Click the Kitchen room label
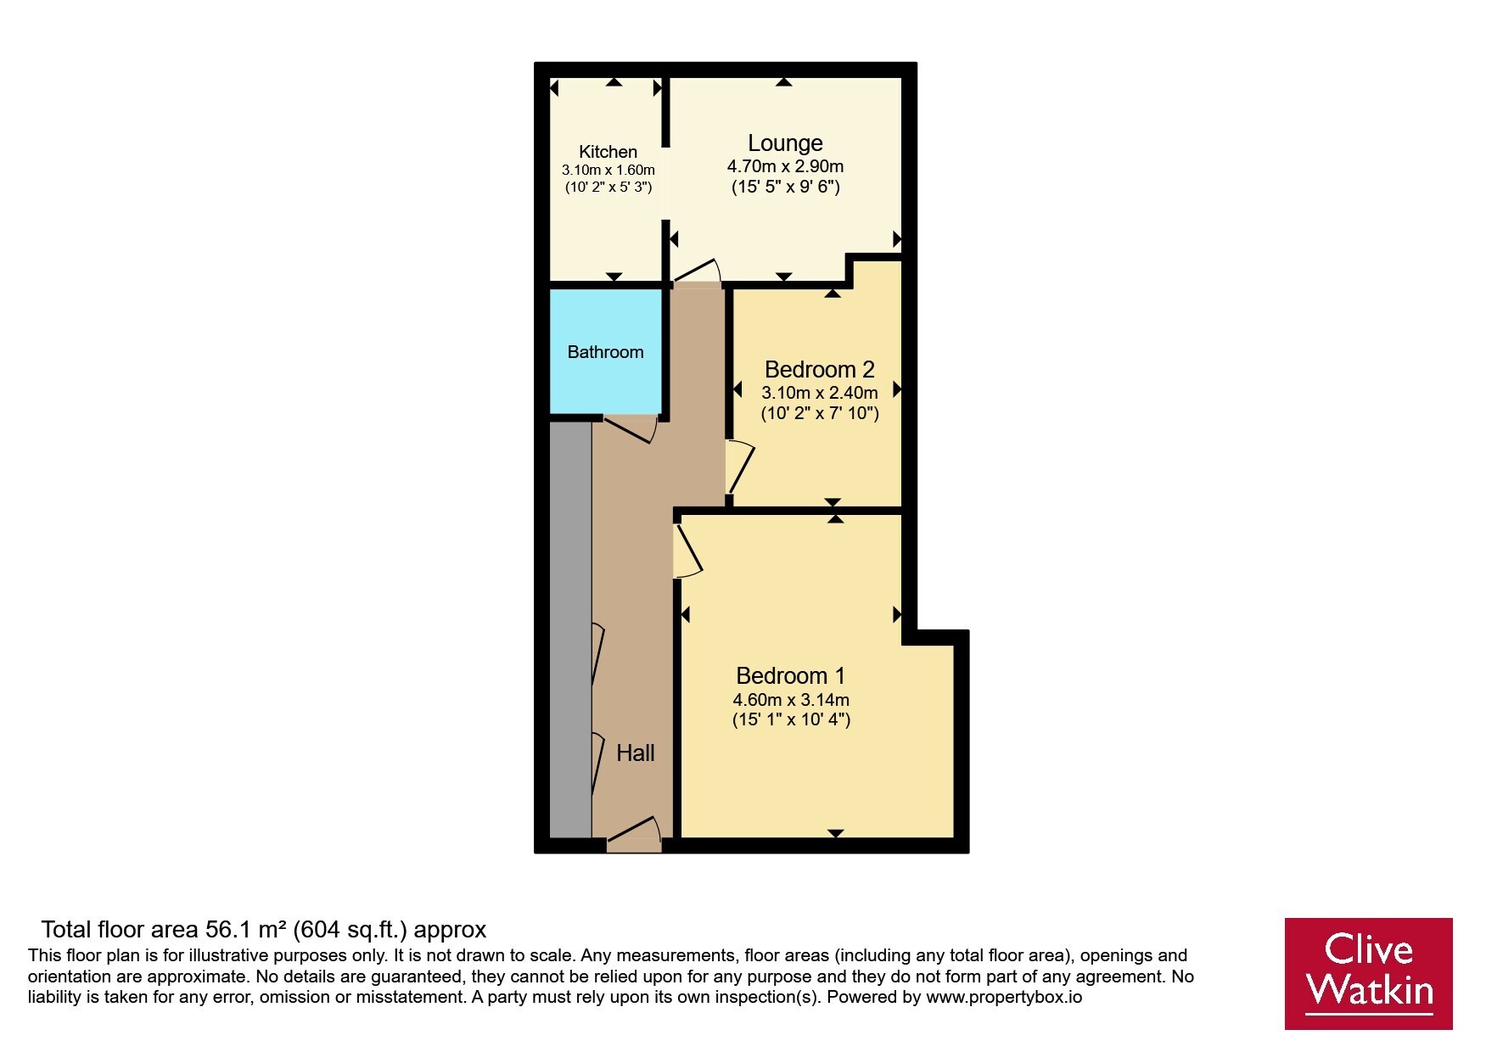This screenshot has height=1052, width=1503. click(x=608, y=152)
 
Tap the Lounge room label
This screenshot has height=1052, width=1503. click(x=785, y=143)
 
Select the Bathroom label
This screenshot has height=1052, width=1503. click(x=605, y=352)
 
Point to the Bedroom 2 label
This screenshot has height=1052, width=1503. click(x=819, y=370)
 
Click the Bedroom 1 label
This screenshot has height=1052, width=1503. click(x=790, y=676)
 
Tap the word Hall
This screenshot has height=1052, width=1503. click(x=635, y=753)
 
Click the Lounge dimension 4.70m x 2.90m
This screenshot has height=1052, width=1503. click(x=785, y=167)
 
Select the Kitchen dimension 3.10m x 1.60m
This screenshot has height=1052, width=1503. click(x=608, y=171)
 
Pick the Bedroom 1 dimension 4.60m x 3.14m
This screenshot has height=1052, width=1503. click(x=791, y=701)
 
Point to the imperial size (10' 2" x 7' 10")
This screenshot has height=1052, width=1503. click(x=820, y=414)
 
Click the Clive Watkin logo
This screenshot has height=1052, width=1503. click(x=1368, y=973)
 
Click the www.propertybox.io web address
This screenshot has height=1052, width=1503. click(x=1004, y=998)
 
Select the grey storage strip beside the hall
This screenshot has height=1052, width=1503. click(x=570, y=630)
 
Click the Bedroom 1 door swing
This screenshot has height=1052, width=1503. click(x=687, y=551)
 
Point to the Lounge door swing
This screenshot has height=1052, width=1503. click(x=697, y=271)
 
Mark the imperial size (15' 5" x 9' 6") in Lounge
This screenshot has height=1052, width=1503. click(x=786, y=187)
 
